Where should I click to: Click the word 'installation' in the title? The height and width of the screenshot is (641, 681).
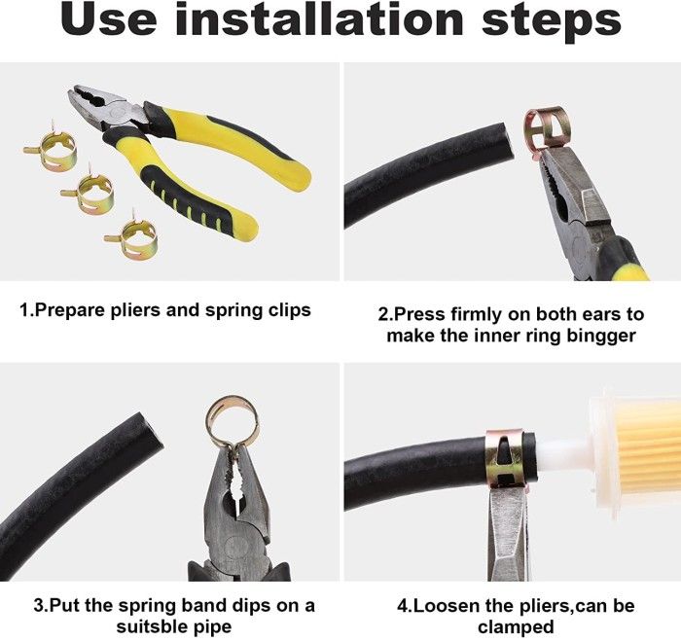click(320, 18)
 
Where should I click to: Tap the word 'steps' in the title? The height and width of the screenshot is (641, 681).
click(552, 22)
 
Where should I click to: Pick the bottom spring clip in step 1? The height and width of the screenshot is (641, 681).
click(131, 235)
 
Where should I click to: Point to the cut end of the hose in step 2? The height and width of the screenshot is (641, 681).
click(509, 141)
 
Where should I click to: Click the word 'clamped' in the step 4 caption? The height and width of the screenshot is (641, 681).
click(516, 627)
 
